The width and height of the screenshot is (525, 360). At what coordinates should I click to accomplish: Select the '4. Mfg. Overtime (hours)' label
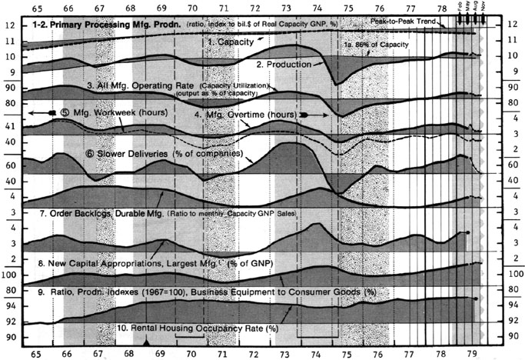coord(245,114)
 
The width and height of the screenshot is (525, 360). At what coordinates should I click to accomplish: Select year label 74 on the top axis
coord(318,8)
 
